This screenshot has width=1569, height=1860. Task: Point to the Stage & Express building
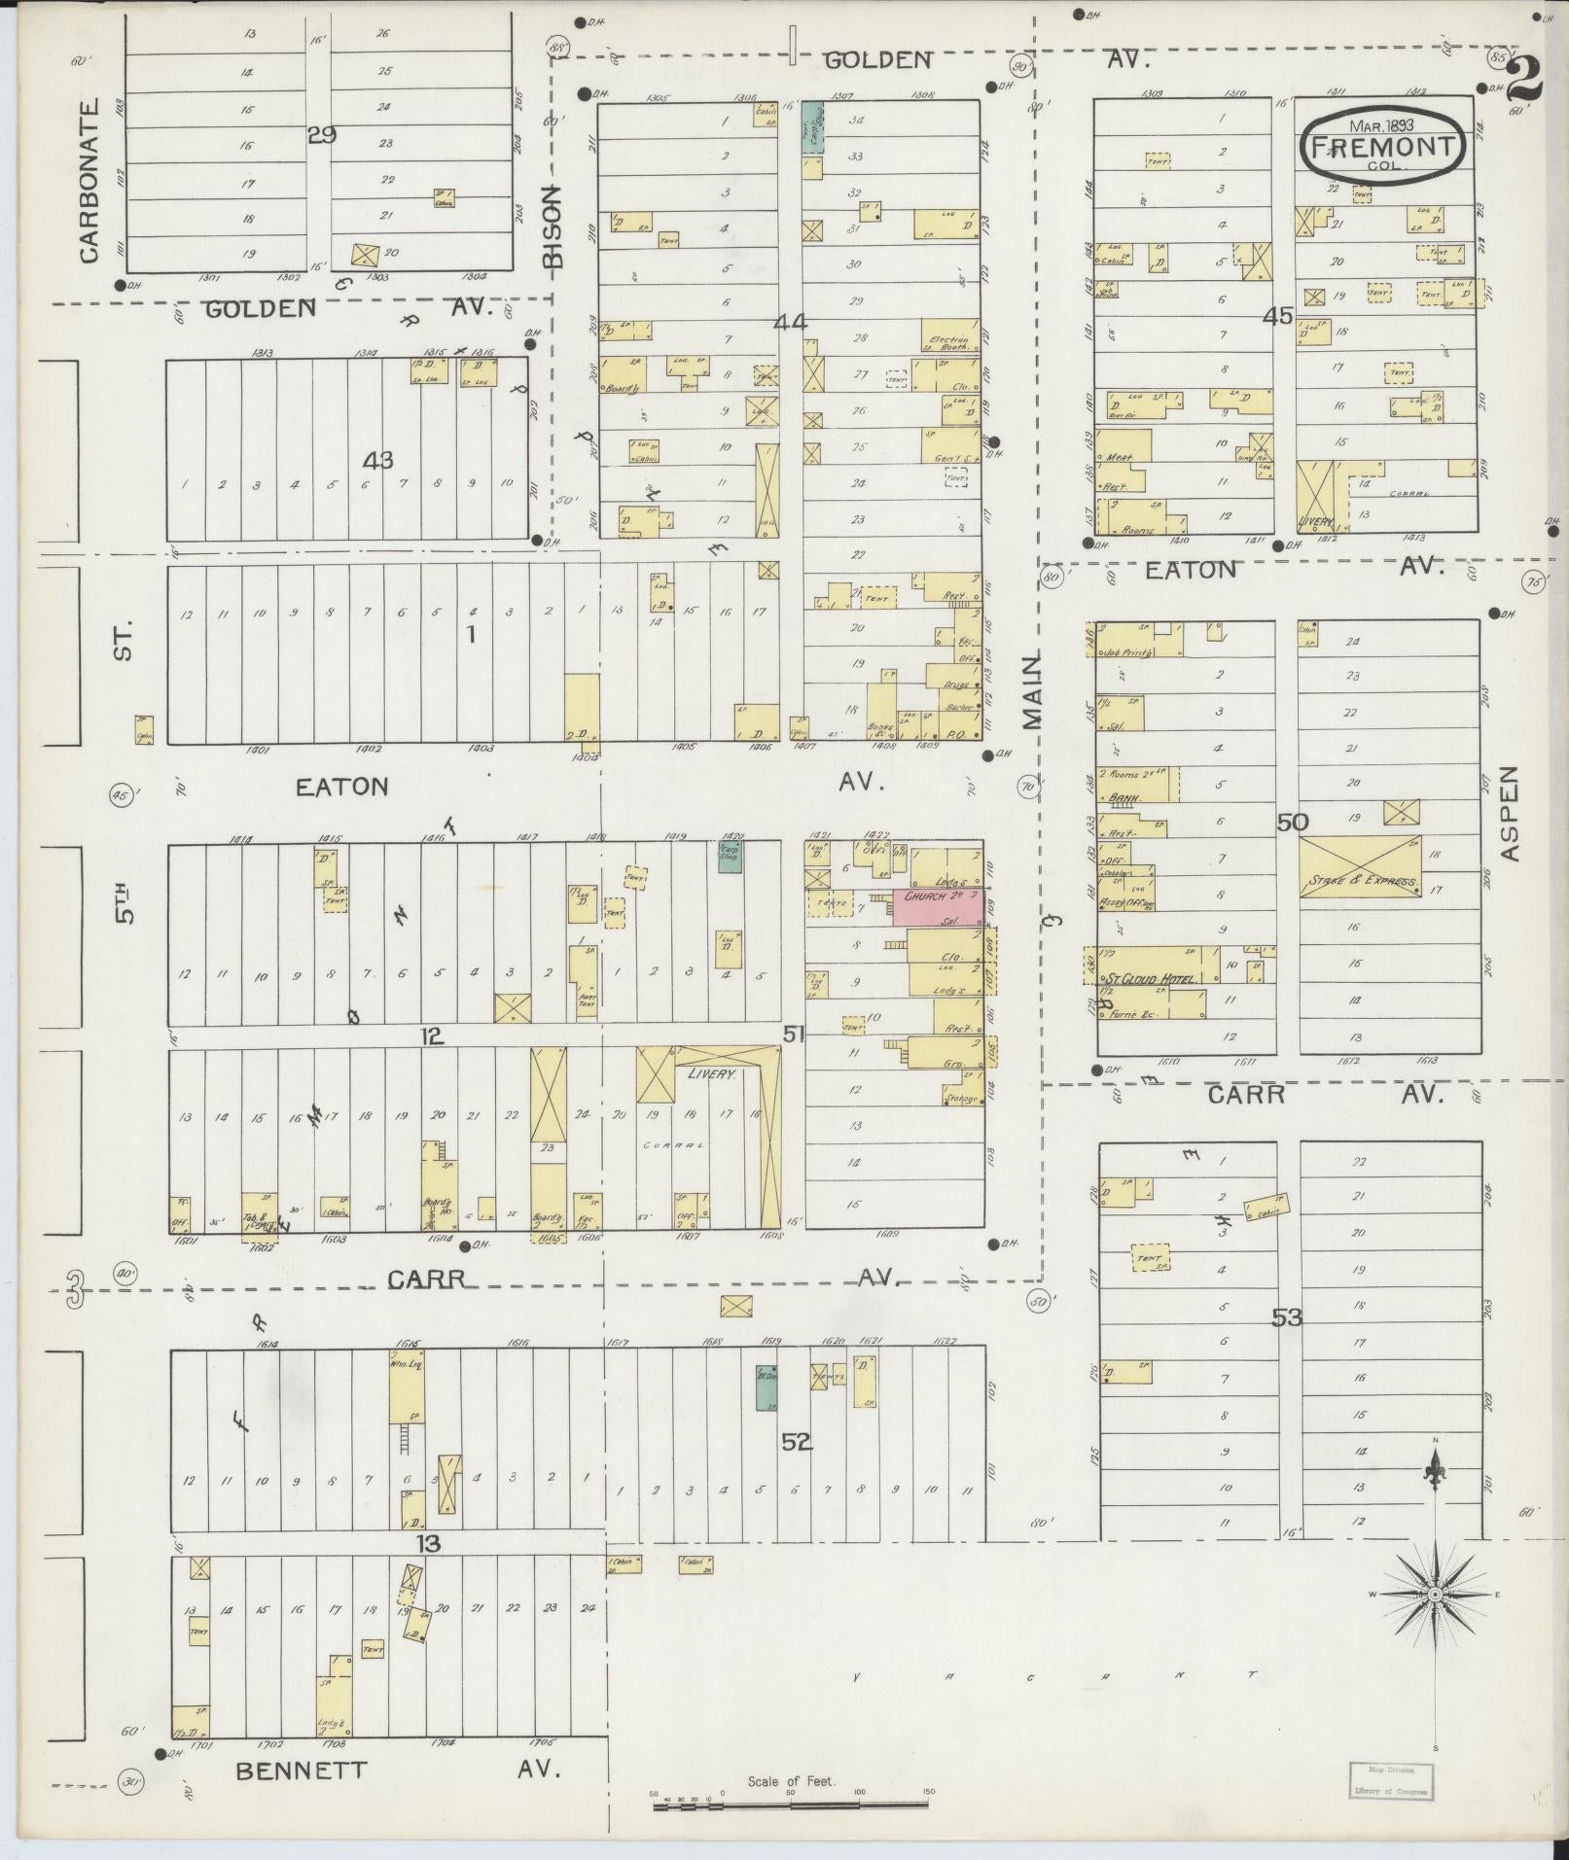pos(1361,865)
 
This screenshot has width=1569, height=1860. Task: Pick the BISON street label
pos(553,227)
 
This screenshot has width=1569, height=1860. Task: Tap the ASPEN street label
pos(1508,813)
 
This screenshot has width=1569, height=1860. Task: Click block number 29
pos(321,135)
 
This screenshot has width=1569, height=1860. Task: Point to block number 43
pos(377,459)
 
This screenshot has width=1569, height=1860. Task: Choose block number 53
pos(1286,1317)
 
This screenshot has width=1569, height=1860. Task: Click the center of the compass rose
pos(1435,1596)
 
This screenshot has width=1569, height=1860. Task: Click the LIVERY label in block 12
pos(711,1074)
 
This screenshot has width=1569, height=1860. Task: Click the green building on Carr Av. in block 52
pos(767,1387)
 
